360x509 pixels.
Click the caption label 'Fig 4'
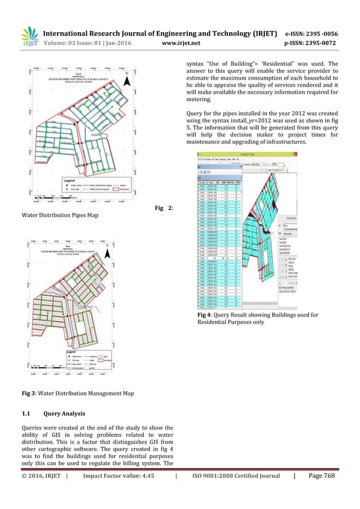[x=204, y=313]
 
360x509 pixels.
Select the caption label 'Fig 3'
[x=29, y=393]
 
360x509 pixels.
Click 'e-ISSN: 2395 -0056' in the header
[x=318, y=33]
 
